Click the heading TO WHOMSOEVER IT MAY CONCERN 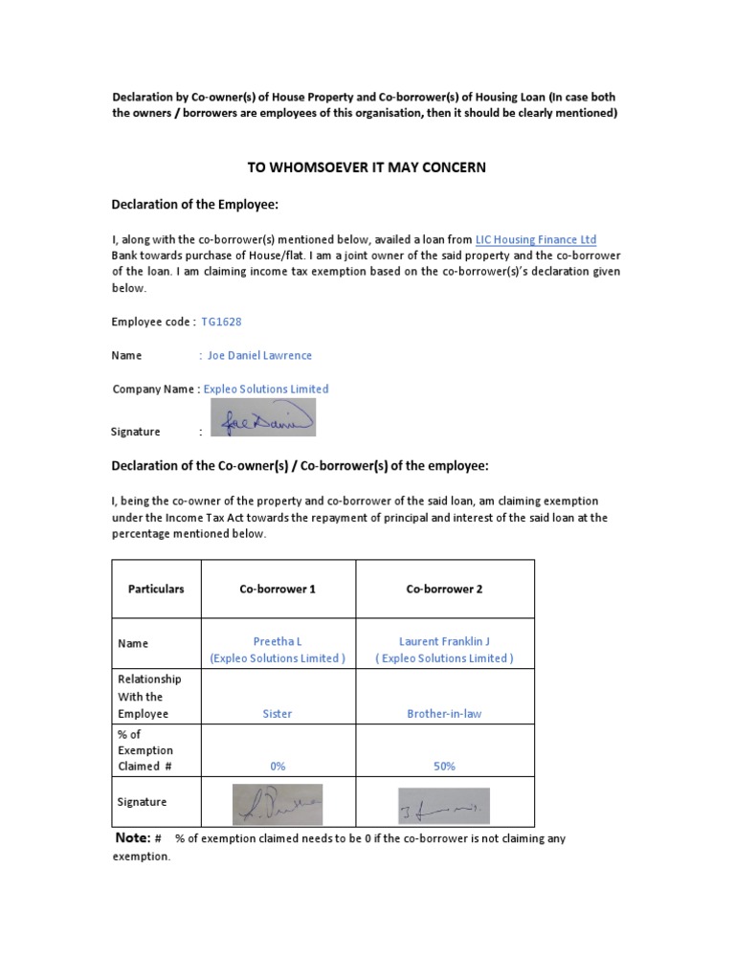pyautogui.click(x=367, y=167)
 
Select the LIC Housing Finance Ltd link pyautogui.click(x=536, y=239)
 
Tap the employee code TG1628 pyautogui.click(x=221, y=322)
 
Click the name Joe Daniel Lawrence pyautogui.click(x=259, y=355)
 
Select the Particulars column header pyautogui.click(x=156, y=589)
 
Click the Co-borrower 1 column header pyautogui.click(x=278, y=589)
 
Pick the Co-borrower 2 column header pyautogui.click(x=444, y=589)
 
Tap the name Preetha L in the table pyautogui.click(x=278, y=641)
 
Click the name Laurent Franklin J pyautogui.click(x=444, y=641)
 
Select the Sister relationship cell pyautogui.click(x=278, y=714)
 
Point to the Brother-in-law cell pyautogui.click(x=444, y=714)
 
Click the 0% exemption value pyautogui.click(x=278, y=766)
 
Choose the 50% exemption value pyautogui.click(x=444, y=766)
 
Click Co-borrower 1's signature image pyautogui.click(x=278, y=804)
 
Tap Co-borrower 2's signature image pyautogui.click(x=443, y=806)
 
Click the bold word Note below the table pyautogui.click(x=132, y=838)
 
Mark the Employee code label pyautogui.click(x=154, y=322)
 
